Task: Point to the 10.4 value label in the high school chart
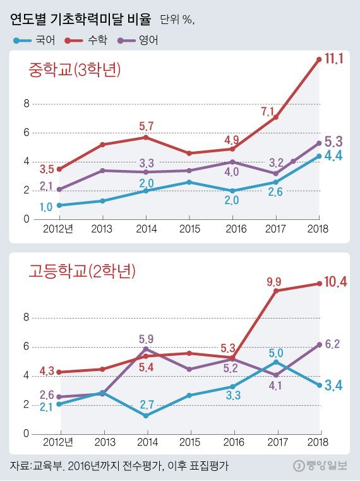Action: pos(335,283)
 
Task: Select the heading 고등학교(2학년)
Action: pos(82,272)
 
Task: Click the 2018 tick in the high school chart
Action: pos(319,443)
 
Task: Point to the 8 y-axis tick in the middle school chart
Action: pos(27,104)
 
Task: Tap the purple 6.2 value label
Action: pos(333,344)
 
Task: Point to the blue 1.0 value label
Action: pos(46,207)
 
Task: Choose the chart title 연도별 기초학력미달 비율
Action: pos(81,20)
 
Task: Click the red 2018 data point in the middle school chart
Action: pos(319,59)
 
